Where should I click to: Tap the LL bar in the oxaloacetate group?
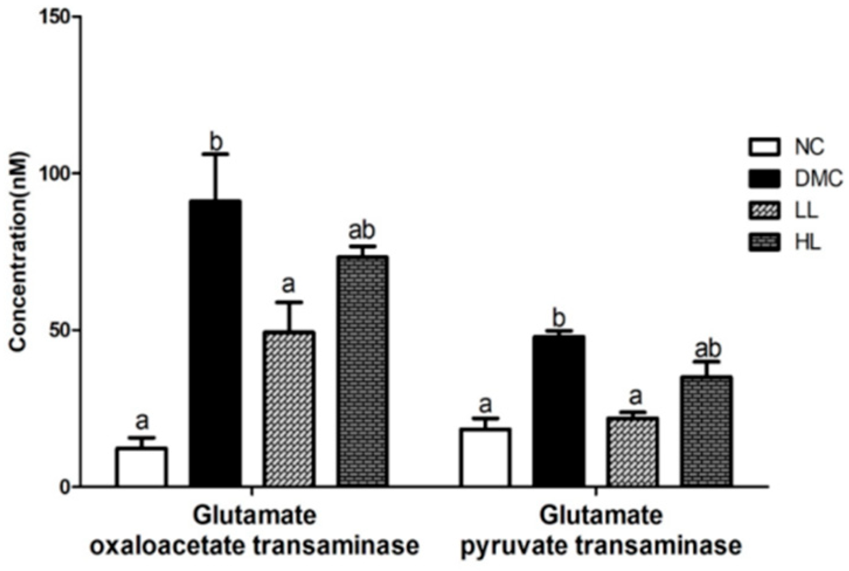coord(289,409)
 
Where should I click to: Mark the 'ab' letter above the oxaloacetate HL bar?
coord(362,231)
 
